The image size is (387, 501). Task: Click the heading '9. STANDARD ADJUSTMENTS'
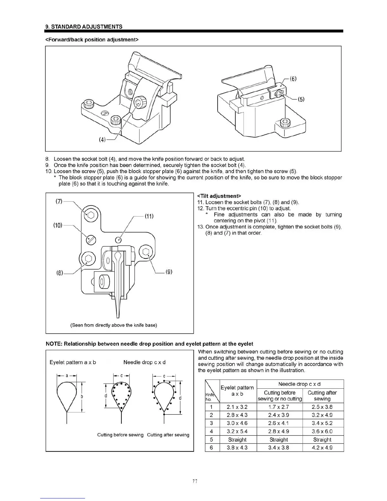(x=84, y=27)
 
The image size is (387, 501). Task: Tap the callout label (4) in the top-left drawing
(x=102, y=140)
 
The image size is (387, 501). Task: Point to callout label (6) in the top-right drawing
(x=293, y=79)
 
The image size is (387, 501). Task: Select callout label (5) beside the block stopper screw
(x=301, y=99)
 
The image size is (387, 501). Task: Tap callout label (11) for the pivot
(x=149, y=216)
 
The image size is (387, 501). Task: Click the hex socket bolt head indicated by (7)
(x=91, y=215)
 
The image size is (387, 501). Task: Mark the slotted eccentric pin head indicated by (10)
(x=91, y=240)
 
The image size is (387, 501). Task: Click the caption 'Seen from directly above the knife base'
(x=114, y=325)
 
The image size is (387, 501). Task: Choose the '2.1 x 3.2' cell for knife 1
(x=237, y=407)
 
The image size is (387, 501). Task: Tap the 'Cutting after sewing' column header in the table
(x=322, y=396)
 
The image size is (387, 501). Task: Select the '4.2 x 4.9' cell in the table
(x=322, y=448)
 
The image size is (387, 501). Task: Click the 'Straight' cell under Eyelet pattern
(x=237, y=440)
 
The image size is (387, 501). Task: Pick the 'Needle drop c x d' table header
(x=299, y=384)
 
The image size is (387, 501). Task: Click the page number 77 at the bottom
(x=195, y=482)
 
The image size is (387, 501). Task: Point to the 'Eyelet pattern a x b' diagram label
(x=73, y=362)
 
